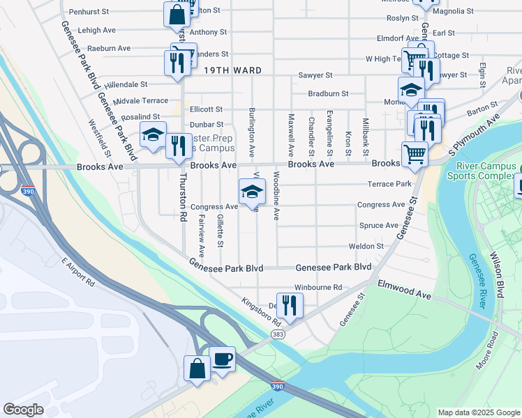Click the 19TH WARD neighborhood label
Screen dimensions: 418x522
[233, 70]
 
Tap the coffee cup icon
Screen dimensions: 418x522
[223, 360]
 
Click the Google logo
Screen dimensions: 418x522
[23, 409]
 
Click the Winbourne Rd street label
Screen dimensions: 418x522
[318, 287]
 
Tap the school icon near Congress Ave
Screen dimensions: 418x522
[252, 190]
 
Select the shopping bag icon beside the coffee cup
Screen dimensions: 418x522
[197, 367]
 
